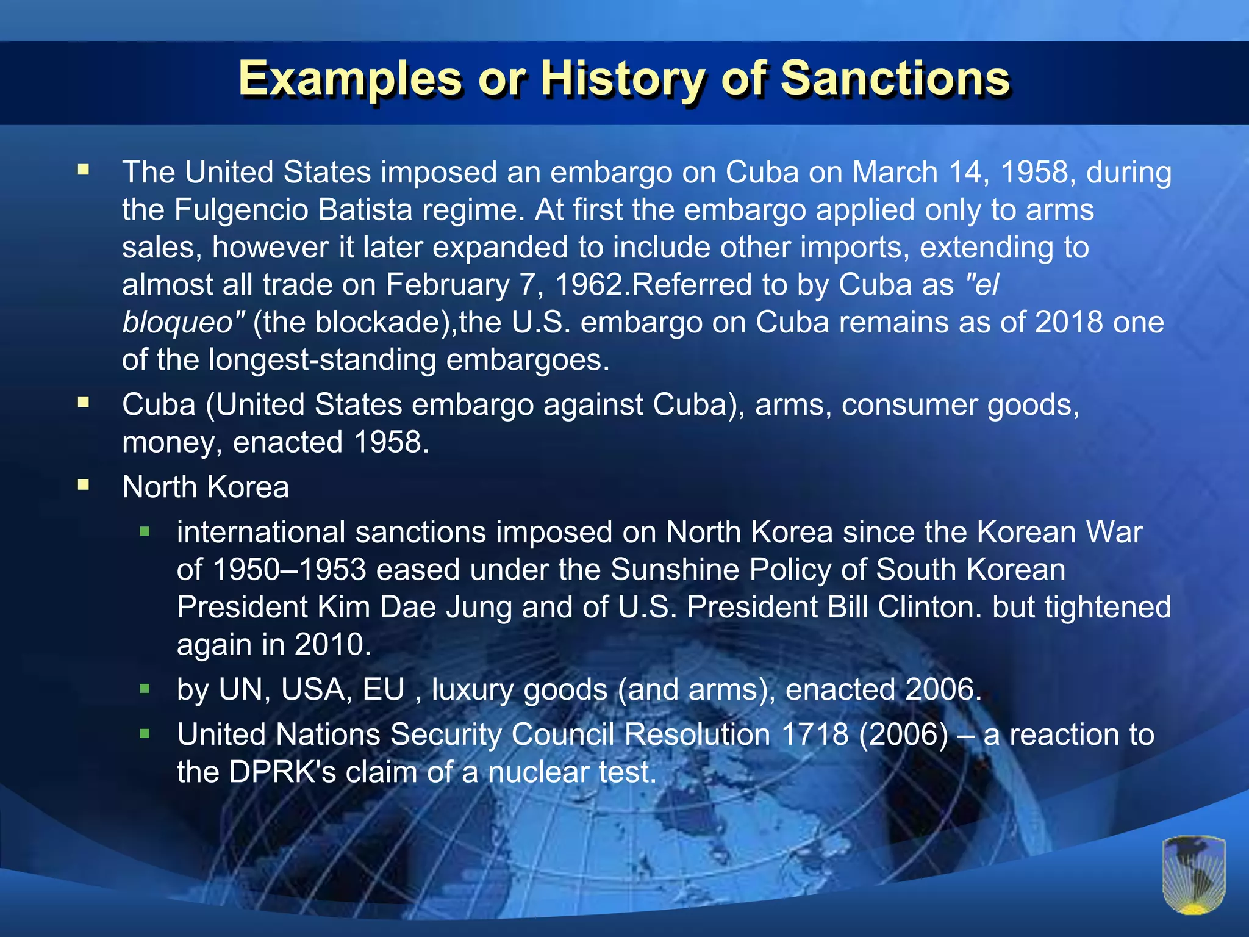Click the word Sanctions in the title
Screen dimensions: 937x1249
pyautogui.click(x=895, y=79)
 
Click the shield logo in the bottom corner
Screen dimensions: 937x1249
pyautogui.click(x=1194, y=875)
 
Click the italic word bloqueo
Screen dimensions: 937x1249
pyautogui.click(x=178, y=323)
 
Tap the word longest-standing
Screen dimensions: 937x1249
pyautogui.click(x=322, y=360)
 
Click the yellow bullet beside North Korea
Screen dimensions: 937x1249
pyautogui.click(x=84, y=486)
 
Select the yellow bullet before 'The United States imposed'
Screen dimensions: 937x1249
pyautogui.click(x=84, y=170)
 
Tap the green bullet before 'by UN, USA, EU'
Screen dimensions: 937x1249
pyautogui.click(x=145, y=689)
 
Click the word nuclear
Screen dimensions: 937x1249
pyautogui.click(x=539, y=772)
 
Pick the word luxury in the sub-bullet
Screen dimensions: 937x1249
pyautogui.click(x=473, y=691)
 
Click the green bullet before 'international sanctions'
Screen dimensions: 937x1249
pyautogui.click(x=145, y=532)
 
